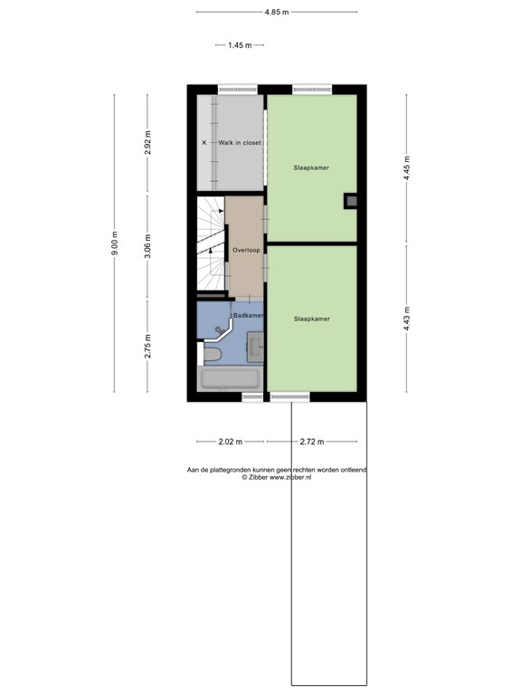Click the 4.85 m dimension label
[x=277, y=13]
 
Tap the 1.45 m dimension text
[x=240, y=45]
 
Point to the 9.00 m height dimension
[x=115, y=243]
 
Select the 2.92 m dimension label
[x=148, y=143]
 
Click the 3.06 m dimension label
[x=148, y=246]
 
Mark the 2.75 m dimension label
[x=148, y=347]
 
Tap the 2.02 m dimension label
[x=231, y=442]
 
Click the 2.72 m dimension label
[x=312, y=442]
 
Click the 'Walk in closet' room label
[x=239, y=143]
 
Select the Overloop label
[x=245, y=250]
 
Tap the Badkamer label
[x=249, y=315]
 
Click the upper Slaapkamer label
[x=310, y=168]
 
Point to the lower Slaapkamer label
[x=310, y=319]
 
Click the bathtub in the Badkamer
[x=230, y=379]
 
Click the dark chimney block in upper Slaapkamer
[x=350, y=202]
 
